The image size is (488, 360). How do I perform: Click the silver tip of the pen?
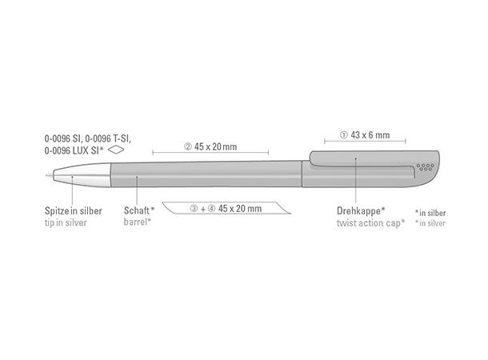(x=82, y=175)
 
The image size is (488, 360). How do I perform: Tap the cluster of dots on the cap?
(x=426, y=167)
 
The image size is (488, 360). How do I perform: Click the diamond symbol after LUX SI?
(x=116, y=150)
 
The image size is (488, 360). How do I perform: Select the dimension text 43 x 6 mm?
(x=370, y=135)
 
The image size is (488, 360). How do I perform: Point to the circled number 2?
(x=188, y=146)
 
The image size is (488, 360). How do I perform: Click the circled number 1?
(x=343, y=135)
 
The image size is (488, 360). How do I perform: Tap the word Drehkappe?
(x=358, y=210)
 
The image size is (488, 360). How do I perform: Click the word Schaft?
(x=137, y=210)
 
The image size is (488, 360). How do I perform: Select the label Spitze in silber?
(x=74, y=210)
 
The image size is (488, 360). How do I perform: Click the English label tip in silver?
(x=66, y=222)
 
